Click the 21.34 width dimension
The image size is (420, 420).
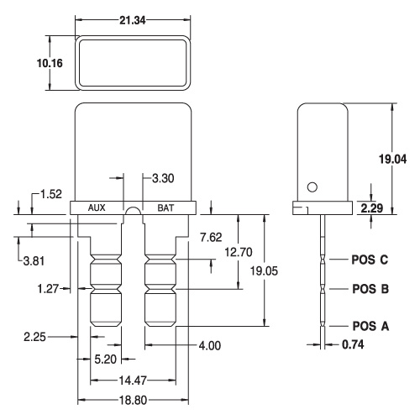coord(133,20)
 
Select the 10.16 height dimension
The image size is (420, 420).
coord(50,63)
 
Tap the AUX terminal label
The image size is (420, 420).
coord(97,207)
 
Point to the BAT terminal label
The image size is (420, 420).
coord(165,208)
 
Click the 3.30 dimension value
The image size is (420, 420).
coord(163,178)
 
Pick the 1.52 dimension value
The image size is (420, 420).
coord(51,194)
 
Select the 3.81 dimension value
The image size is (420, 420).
coord(34,261)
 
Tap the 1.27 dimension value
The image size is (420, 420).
coord(48,288)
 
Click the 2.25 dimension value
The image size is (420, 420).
coord(34,337)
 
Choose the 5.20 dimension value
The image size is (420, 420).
coord(105,360)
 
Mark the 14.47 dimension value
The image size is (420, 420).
coord(133,381)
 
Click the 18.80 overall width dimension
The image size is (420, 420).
coord(134,401)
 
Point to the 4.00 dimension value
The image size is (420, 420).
coord(210,346)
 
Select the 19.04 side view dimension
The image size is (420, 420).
coord(393,159)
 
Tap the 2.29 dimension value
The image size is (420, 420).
coord(372,208)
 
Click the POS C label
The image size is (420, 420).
coord(370,260)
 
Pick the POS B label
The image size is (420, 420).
coord(370,289)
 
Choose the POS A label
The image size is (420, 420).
coord(370,326)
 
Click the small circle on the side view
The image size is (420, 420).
coord(312,187)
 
